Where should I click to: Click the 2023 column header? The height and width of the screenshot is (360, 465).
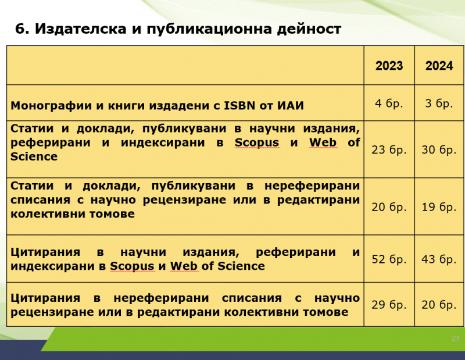click(x=389, y=66)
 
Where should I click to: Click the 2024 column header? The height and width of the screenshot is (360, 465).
click(x=439, y=66)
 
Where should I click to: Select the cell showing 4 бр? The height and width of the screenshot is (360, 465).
click(x=389, y=103)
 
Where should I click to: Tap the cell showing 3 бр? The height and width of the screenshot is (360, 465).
click(x=439, y=103)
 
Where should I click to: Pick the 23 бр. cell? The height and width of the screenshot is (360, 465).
click(x=389, y=149)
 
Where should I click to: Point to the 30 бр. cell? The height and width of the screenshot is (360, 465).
click(x=439, y=149)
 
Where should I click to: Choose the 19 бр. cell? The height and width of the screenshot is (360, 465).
click(x=439, y=207)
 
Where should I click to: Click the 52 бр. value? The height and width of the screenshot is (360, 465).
click(x=389, y=259)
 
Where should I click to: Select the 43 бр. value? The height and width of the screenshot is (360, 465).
click(x=439, y=259)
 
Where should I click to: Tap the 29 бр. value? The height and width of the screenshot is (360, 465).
click(x=389, y=305)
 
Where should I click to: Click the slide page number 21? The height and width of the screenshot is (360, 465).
click(x=456, y=338)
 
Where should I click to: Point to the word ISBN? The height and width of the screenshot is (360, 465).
click(x=239, y=105)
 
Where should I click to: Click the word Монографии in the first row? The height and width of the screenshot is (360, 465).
click(x=51, y=106)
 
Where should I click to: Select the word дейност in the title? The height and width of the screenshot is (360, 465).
click(x=309, y=29)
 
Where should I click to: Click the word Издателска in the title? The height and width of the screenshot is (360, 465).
click(x=81, y=28)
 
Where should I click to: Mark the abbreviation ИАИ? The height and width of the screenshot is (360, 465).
click(x=291, y=105)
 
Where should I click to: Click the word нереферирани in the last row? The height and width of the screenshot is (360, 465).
click(x=162, y=298)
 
